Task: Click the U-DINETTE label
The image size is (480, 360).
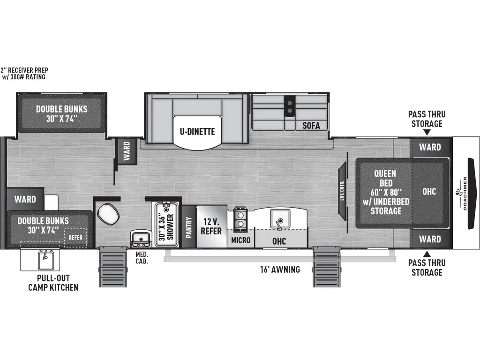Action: tap(197, 131)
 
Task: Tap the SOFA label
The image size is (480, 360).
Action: tap(311, 125)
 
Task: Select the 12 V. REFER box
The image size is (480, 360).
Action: tap(211, 226)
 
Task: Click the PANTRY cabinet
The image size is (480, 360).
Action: tap(189, 227)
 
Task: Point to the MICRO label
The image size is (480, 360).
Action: tap(241, 240)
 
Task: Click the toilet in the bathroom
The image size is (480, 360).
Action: tap(108, 214)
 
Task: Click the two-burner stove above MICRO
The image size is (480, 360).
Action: tap(240, 219)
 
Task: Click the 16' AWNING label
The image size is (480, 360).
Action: tap(280, 270)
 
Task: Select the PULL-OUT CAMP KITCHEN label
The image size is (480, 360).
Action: tap(52, 283)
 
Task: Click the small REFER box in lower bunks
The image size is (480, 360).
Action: tap(75, 237)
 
